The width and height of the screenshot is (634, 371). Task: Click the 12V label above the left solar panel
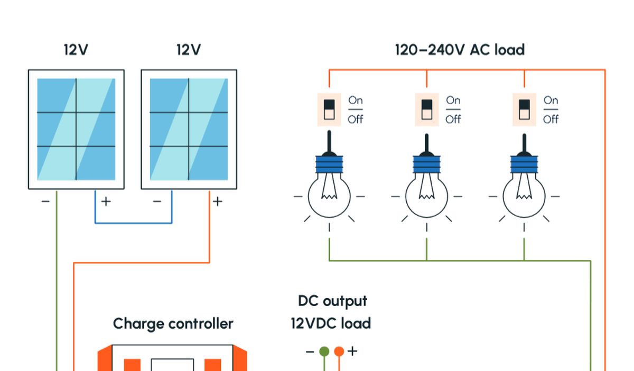click(x=76, y=50)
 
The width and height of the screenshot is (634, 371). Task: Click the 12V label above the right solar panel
click(x=189, y=50)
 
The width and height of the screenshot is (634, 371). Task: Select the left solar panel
click(x=76, y=129)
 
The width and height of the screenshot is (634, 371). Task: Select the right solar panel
click(x=189, y=129)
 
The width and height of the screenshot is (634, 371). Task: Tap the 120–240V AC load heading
click(x=460, y=50)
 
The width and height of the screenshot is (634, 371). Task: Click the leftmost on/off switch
click(x=329, y=109)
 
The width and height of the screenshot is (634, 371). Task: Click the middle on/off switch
click(x=426, y=109)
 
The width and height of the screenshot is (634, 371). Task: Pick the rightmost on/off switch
click(x=524, y=109)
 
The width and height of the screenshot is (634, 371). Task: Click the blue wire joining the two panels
click(x=133, y=223)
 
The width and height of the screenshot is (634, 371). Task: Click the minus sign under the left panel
click(x=45, y=201)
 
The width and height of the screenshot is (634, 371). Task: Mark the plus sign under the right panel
click(x=218, y=201)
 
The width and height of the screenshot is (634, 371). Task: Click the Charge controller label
click(x=173, y=323)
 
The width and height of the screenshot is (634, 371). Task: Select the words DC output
click(x=332, y=301)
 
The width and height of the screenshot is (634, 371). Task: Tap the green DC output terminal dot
click(x=324, y=351)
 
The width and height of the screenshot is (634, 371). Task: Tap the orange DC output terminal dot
click(x=339, y=351)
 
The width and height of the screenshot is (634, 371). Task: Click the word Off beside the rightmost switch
click(x=551, y=119)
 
